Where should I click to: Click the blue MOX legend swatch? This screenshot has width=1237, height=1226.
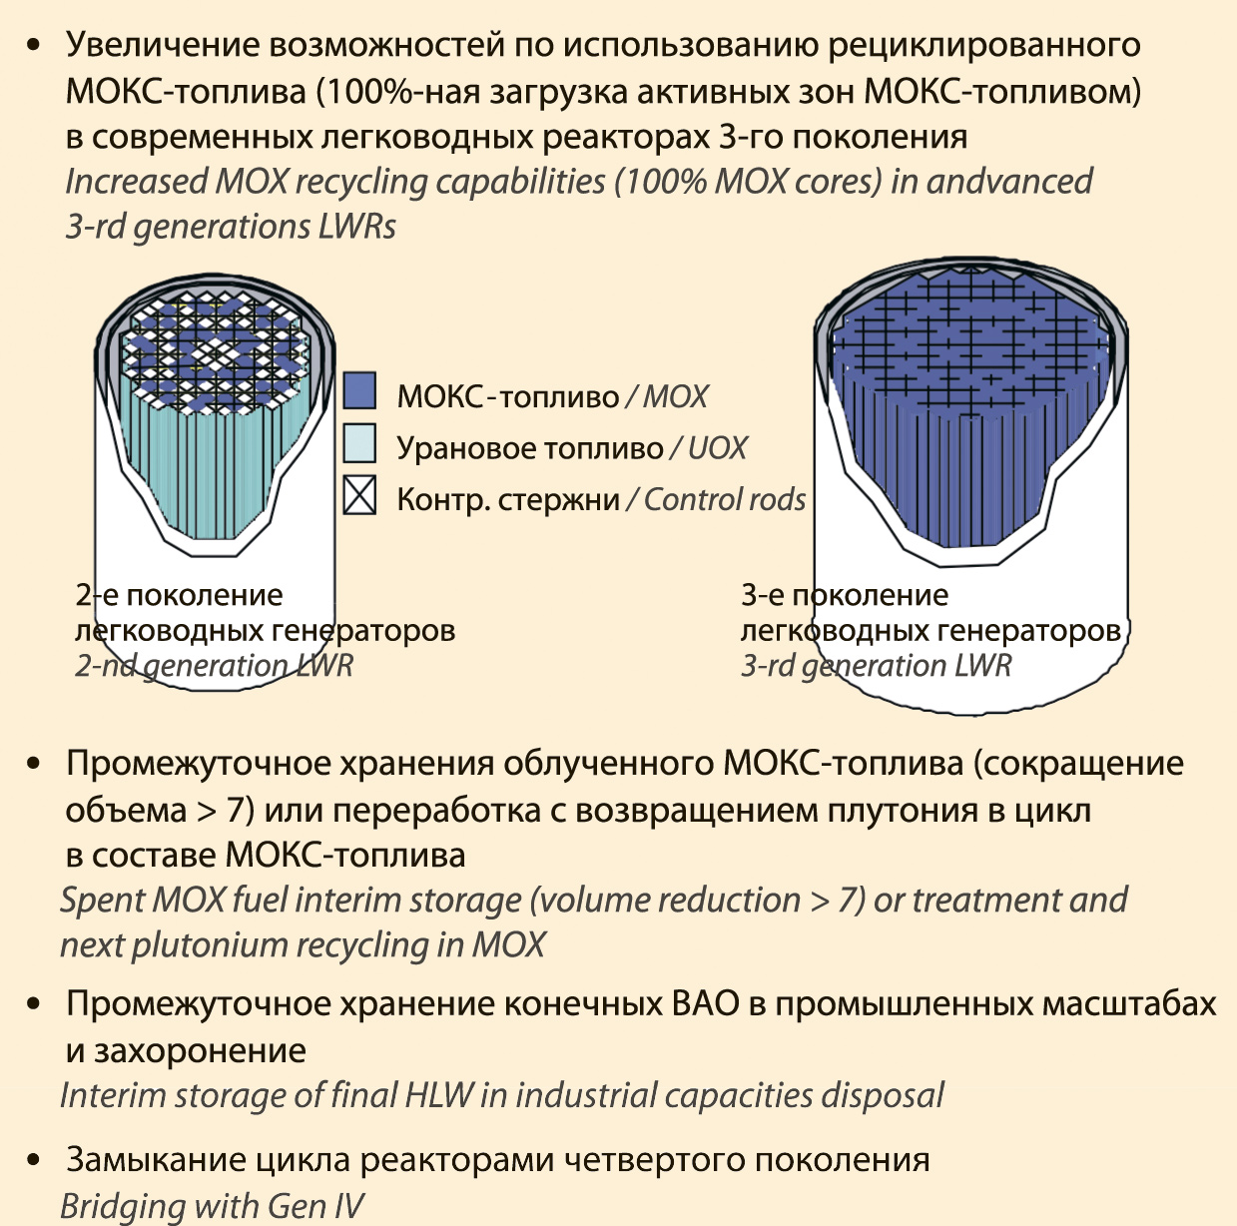359,390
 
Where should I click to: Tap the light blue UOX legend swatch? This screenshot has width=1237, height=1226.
359,442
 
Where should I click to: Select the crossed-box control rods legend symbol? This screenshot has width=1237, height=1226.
359,494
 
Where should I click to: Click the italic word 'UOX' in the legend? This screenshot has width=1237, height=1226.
718,448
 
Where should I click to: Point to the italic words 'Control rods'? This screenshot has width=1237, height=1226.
725,499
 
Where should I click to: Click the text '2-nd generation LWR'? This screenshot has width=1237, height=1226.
214,665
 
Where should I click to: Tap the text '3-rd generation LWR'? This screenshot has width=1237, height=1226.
877,665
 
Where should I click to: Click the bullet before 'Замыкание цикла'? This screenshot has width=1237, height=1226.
33,1160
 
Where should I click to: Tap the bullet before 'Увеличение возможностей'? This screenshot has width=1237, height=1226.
33,46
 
